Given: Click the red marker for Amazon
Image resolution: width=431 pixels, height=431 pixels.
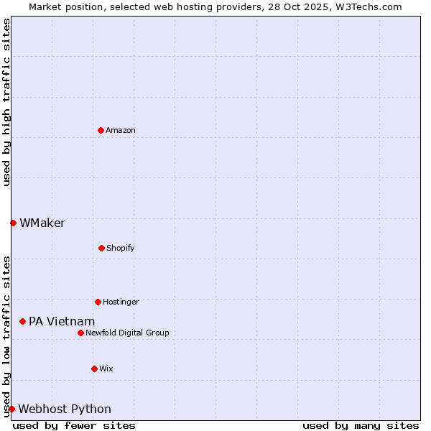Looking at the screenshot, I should (101, 130).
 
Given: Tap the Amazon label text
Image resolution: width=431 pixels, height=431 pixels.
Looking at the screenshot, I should (121, 130).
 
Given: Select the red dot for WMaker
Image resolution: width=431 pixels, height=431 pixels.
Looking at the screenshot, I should (13, 223).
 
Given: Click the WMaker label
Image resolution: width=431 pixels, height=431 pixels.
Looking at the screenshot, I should (42, 223).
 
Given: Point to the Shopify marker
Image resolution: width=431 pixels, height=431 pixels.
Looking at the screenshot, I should (101, 248).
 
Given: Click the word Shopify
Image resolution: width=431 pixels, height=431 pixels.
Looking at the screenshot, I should (121, 248).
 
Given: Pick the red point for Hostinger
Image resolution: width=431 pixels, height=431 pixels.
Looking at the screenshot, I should (98, 302).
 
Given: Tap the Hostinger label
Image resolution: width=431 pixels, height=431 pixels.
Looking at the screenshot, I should (121, 302).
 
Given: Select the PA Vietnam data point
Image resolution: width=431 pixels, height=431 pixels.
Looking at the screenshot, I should (22, 321).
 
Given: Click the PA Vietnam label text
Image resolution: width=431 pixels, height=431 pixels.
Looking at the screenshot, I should (62, 321).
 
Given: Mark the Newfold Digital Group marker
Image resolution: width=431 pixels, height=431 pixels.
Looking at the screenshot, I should (80, 333).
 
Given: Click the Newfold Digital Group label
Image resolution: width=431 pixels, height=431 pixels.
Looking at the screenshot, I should (127, 333).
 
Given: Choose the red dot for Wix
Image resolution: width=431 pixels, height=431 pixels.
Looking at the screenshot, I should (94, 369).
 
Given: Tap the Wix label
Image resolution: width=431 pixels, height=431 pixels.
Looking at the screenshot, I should (106, 369).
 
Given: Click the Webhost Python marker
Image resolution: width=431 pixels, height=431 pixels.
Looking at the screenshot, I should (11, 409).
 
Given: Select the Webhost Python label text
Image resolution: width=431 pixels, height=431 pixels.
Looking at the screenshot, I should (65, 409).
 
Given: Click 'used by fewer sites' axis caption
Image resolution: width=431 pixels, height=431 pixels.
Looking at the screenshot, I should (74, 425).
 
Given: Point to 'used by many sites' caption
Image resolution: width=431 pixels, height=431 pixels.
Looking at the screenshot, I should (361, 425).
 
